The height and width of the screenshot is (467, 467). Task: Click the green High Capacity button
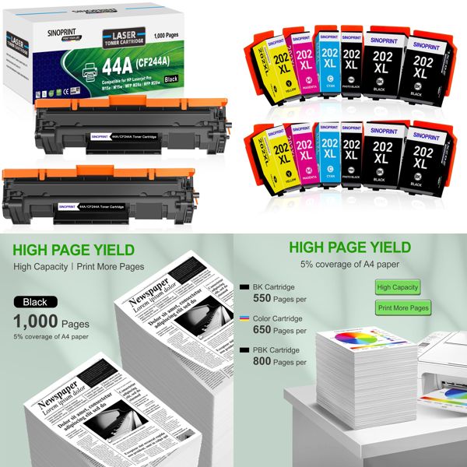pyautogui.click(x=398, y=287)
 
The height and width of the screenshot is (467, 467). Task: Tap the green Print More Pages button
pyautogui.click(x=403, y=308)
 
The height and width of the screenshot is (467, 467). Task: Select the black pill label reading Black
pyautogui.click(x=35, y=302)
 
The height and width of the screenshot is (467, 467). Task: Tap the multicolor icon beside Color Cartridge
pyautogui.click(x=246, y=318)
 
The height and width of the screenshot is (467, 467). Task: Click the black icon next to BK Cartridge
pyautogui.click(x=246, y=286)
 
